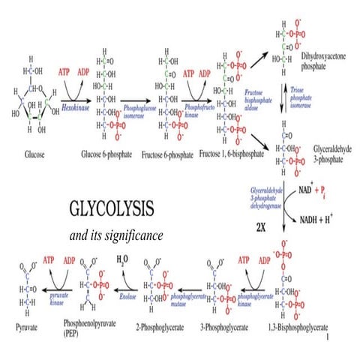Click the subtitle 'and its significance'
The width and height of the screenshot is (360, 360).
pos(116,236)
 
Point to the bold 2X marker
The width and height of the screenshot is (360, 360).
pos(262,223)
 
